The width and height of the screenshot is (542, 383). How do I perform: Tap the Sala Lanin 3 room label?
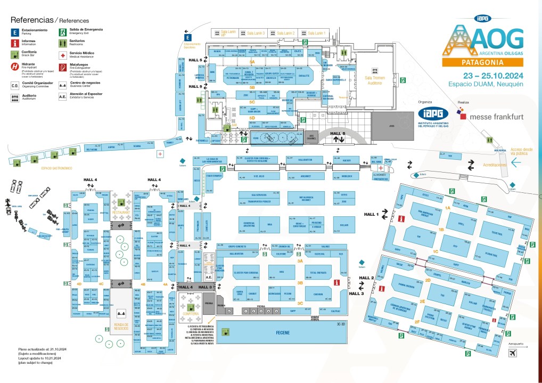tap(256, 33)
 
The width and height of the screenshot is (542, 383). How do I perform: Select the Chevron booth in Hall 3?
tap(318, 294)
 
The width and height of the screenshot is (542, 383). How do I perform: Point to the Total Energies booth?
tap(318, 273)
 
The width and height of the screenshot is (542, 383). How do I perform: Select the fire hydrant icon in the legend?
tap(15, 67)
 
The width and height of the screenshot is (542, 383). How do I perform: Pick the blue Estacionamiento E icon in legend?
tap(15, 32)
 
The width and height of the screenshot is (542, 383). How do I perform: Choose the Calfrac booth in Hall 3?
tap(335, 311)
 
